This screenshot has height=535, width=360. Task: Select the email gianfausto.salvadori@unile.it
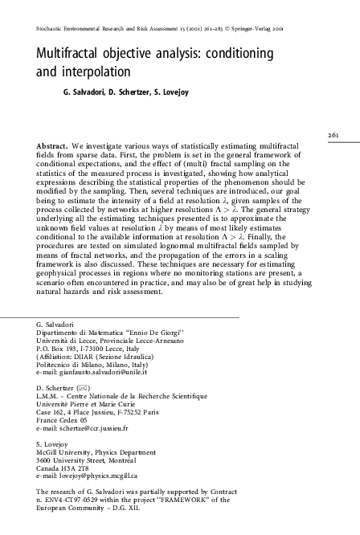(108, 374)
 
